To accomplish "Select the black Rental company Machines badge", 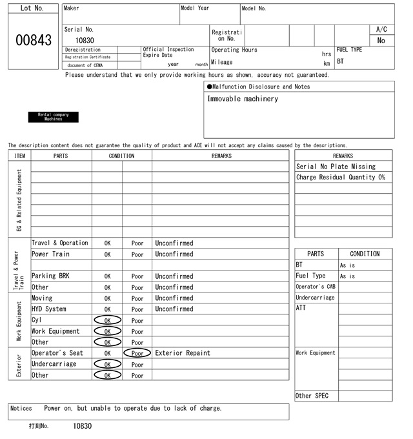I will click(53, 117).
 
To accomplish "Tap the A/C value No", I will click(381, 41).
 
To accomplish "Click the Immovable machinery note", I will click(243, 99).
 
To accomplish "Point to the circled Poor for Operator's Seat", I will click(137, 353).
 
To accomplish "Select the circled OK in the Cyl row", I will click(107, 320).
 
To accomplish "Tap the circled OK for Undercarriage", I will click(107, 364).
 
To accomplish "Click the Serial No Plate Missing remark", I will click(335, 167).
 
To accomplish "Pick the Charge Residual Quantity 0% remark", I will click(340, 178).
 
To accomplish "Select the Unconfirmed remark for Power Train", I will click(174, 254).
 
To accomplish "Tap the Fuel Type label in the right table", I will click(310, 276).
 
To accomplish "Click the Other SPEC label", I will click(312, 396).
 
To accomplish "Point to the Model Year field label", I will click(195, 8).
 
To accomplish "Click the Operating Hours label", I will click(234, 50).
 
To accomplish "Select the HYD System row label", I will click(49, 309).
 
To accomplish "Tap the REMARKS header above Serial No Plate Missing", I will click(343, 156).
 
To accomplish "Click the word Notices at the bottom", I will click(21, 408).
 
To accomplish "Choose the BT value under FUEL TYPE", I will click(341, 61).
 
